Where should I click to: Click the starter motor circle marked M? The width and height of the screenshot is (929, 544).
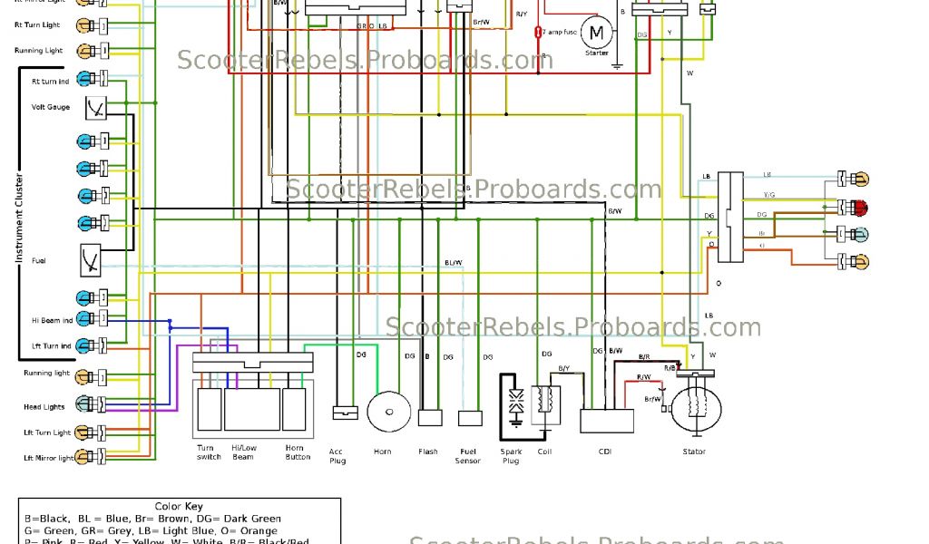pyautogui.click(x=596, y=34)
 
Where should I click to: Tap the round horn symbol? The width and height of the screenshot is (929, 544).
pyautogui.click(x=386, y=412)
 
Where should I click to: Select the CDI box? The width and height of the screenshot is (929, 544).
pyautogui.click(x=607, y=421)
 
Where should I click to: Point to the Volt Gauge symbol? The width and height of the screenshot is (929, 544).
pyautogui.click(x=94, y=108)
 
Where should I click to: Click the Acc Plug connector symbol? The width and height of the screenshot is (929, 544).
pyautogui.click(x=346, y=412)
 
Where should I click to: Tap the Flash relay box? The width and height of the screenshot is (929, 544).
pyautogui.click(x=429, y=418)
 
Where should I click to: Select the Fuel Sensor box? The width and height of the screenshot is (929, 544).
pyautogui.click(x=469, y=418)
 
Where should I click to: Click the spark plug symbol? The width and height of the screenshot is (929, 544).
pyautogui.click(x=515, y=404)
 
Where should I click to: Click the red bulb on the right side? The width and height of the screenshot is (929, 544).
pyautogui.click(x=861, y=206)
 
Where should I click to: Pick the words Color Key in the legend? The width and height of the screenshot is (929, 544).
pyautogui.click(x=180, y=507)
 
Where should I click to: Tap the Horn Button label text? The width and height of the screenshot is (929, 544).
pyautogui.click(x=297, y=452)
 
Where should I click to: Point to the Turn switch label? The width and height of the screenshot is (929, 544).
pyautogui.click(x=209, y=452)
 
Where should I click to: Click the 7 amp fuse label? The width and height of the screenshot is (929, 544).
pyautogui.click(x=561, y=33)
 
